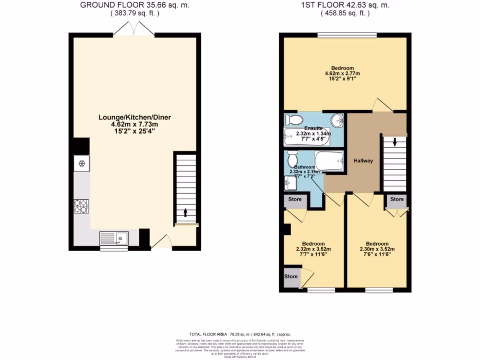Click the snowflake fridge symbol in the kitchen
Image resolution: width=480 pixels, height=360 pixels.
pos(81,163)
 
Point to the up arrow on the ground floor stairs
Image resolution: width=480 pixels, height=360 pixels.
pos(186,212)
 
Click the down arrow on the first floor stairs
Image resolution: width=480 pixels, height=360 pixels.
pos(395,141)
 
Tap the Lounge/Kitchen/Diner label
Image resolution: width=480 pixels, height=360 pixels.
pos(134,117)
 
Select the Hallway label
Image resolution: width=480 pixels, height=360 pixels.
pos(363,161)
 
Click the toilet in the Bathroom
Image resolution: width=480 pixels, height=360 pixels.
pos(292,157)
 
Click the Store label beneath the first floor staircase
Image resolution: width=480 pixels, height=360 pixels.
pos(397,199)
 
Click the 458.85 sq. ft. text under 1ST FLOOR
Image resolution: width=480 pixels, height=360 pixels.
pos(345,14)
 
